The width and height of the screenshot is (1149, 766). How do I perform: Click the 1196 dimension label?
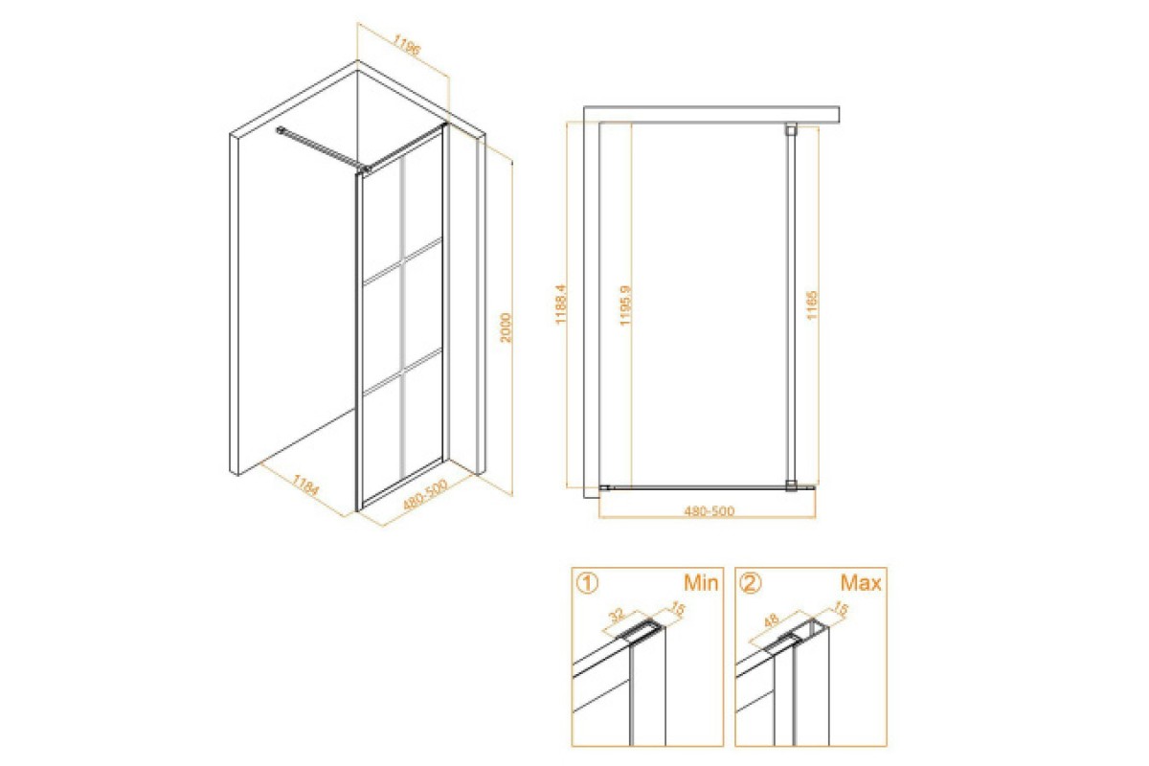[x=407, y=45]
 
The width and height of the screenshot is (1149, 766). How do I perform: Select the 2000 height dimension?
[x=506, y=327]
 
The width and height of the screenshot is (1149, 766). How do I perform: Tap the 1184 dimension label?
[x=305, y=484]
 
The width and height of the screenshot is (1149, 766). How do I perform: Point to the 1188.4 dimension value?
[x=561, y=304]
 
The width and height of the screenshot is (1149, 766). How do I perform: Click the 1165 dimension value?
[x=812, y=304]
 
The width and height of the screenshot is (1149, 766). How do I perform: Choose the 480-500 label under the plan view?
[x=709, y=510]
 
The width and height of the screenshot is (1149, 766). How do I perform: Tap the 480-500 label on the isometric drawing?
[x=425, y=495]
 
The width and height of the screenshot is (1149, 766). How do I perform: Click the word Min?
[x=701, y=583]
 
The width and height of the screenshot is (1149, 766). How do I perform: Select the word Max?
[x=861, y=583]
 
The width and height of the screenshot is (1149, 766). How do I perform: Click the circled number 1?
[x=587, y=583]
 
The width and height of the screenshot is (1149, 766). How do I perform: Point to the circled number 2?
[x=750, y=583]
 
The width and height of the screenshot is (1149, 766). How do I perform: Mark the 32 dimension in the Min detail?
[x=617, y=615]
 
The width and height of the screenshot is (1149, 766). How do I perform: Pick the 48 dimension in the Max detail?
[x=772, y=620]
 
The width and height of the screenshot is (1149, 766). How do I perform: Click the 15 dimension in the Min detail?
[x=678, y=609]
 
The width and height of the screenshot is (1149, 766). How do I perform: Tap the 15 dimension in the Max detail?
[x=841, y=609]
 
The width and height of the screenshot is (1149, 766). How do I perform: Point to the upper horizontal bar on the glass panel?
[x=403, y=260]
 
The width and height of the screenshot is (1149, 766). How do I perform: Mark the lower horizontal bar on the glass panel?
[x=403, y=372]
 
